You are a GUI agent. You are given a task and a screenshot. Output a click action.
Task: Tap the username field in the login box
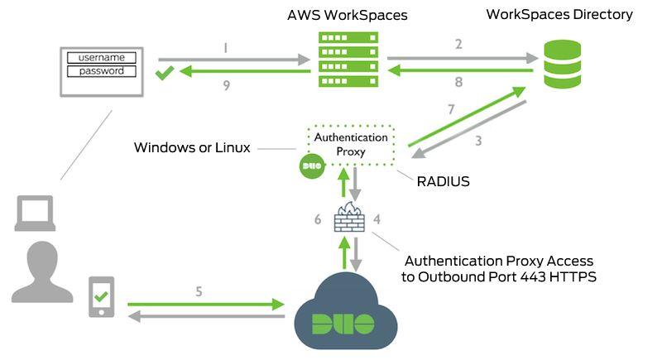pyautogui.click(x=102, y=57)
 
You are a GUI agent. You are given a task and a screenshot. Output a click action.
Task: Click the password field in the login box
pyautogui.click(x=102, y=71)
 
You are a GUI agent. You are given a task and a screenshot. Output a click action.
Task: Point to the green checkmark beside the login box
pyautogui.click(x=164, y=74)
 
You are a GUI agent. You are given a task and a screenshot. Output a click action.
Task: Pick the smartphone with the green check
pyautogui.click(x=102, y=298)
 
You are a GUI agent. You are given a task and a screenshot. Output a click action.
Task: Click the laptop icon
pyautogui.click(x=36, y=214)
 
